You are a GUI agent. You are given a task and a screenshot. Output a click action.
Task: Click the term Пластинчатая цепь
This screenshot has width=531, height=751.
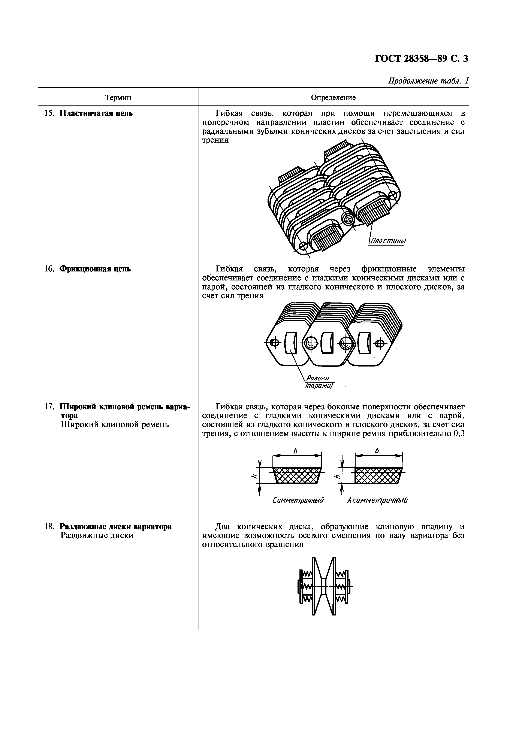pyautogui.click(x=96, y=113)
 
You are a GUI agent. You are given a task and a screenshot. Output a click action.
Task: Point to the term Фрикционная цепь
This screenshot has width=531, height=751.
pyautogui.click(x=95, y=269)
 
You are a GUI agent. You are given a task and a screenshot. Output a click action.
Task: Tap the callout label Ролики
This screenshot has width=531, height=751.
pyautogui.click(x=318, y=378)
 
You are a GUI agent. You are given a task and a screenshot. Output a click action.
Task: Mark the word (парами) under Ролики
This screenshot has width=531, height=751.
pyautogui.click(x=319, y=386)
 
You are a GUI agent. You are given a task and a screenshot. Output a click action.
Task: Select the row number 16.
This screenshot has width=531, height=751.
pyautogui.click(x=49, y=269)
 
